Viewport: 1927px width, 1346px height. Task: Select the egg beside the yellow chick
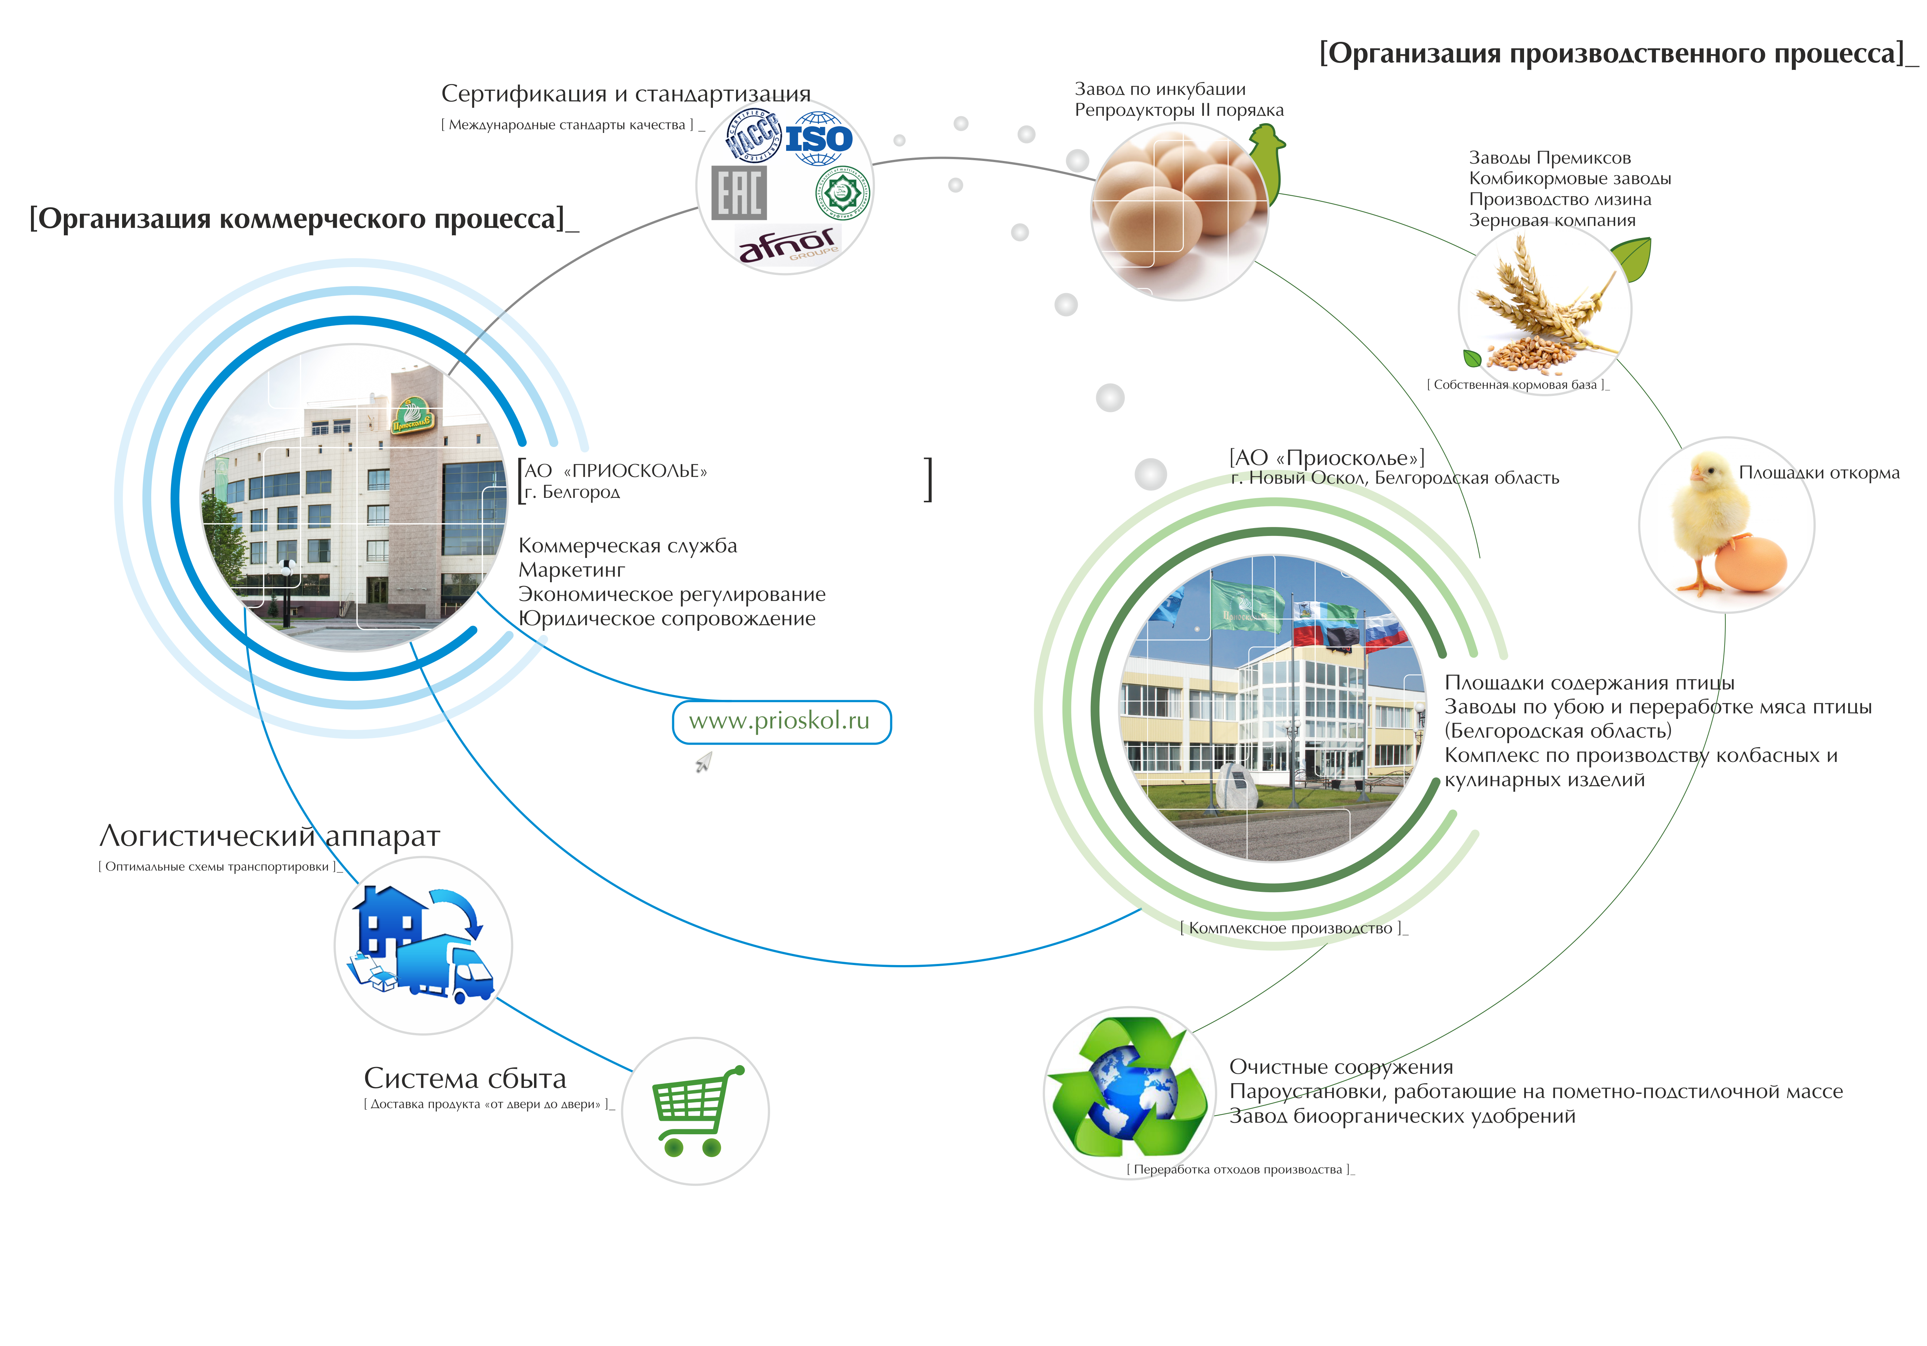point(1750,565)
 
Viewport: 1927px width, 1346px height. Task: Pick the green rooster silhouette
point(1267,159)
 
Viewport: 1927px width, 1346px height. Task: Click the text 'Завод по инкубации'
point(1160,89)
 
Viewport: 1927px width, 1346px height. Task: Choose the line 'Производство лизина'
point(1560,200)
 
